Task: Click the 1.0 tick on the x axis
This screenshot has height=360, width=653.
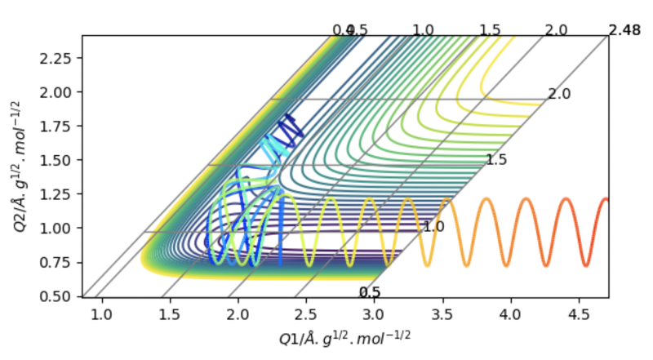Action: point(102,313)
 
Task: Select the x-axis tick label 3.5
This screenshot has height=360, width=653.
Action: point(442,313)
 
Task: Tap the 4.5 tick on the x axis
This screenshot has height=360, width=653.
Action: point(578,313)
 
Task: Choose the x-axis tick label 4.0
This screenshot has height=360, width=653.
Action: point(510,313)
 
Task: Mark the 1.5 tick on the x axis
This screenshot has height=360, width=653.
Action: point(170,313)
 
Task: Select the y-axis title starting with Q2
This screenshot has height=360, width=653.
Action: point(20,165)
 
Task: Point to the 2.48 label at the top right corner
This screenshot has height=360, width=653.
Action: point(624,30)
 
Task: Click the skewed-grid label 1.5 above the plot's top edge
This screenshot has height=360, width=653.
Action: point(490,29)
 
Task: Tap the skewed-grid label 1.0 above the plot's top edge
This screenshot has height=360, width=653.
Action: point(423,29)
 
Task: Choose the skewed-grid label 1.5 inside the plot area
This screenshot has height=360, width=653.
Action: point(496,160)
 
